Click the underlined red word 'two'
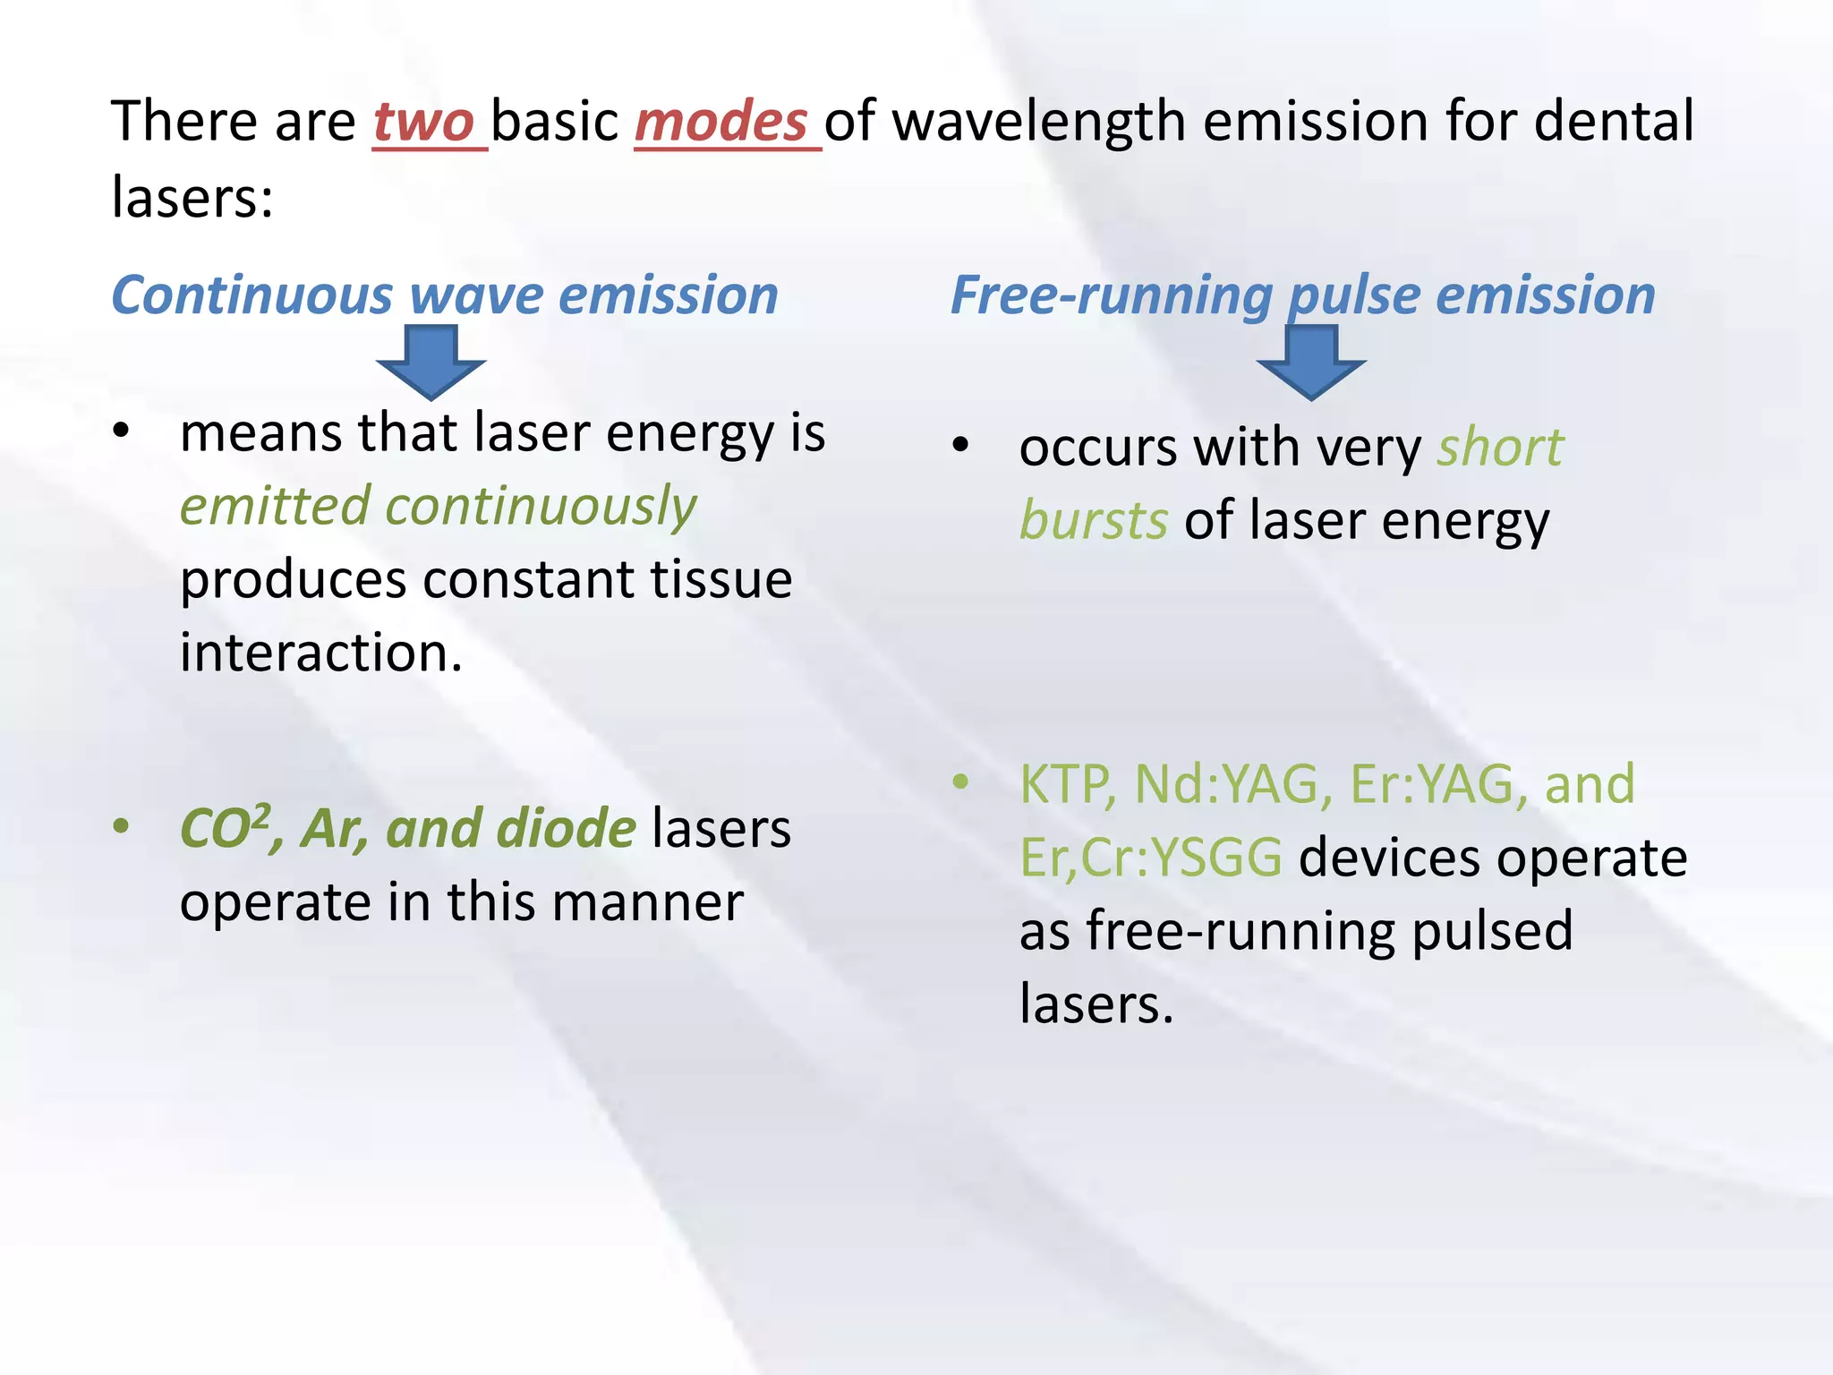(424, 123)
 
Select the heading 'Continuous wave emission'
(445, 295)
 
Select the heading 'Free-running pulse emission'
(1302, 295)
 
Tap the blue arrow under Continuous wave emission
(431, 361)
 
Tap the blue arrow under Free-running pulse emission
(1310, 361)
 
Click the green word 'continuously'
(541, 507)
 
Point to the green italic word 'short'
(1500, 448)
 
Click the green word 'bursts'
(1094, 521)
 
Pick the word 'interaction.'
(321, 653)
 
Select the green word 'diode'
(566, 827)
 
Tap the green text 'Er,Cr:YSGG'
(1151, 858)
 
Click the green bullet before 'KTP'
(960, 781)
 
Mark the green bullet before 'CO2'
(121, 825)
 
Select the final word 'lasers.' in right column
(1096, 1004)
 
